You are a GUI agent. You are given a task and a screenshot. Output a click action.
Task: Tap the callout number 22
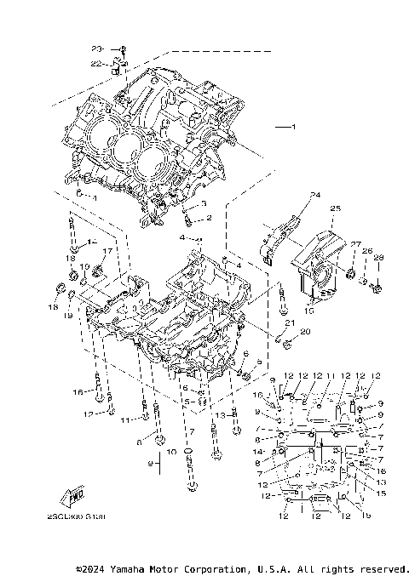pos(96,62)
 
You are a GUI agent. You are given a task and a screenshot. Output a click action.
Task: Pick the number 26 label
pos(368,251)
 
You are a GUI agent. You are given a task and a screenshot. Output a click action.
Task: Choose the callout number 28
pos(379,257)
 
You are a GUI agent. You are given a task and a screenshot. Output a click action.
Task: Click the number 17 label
pos(108,251)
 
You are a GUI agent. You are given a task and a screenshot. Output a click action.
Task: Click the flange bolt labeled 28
pos(378,287)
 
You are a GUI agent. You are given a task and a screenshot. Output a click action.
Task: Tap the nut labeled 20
pos(288,344)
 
